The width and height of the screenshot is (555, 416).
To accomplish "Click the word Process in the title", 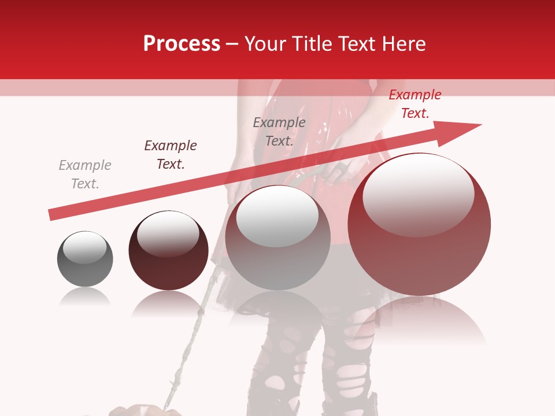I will pos(182,44).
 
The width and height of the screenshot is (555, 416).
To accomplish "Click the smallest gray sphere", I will pos(85,259).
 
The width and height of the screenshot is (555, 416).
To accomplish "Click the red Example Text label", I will pos(415,104).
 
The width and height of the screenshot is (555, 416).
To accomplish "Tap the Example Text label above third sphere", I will pos(279,132).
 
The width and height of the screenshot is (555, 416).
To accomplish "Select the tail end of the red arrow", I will pos(55,214).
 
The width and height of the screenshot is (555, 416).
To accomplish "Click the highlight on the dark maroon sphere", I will pos(168,235).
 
